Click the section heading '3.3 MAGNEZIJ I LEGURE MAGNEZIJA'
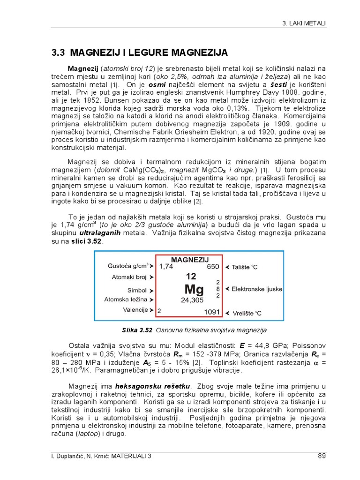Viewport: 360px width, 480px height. tap(140, 52)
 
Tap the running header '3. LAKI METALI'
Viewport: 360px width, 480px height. tap(305, 23)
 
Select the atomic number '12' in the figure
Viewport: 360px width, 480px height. tap(191, 276)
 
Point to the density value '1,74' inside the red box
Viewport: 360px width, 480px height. tap(166, 266)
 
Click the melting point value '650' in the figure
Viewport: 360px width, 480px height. tap(213, 266)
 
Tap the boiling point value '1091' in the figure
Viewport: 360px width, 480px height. tap(212, 311)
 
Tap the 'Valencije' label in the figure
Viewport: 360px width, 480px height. tap(135, 310)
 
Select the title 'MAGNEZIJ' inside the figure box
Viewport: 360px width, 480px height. tap(190, 259)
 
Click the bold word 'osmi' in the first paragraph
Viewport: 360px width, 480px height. tap(157, 85)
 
